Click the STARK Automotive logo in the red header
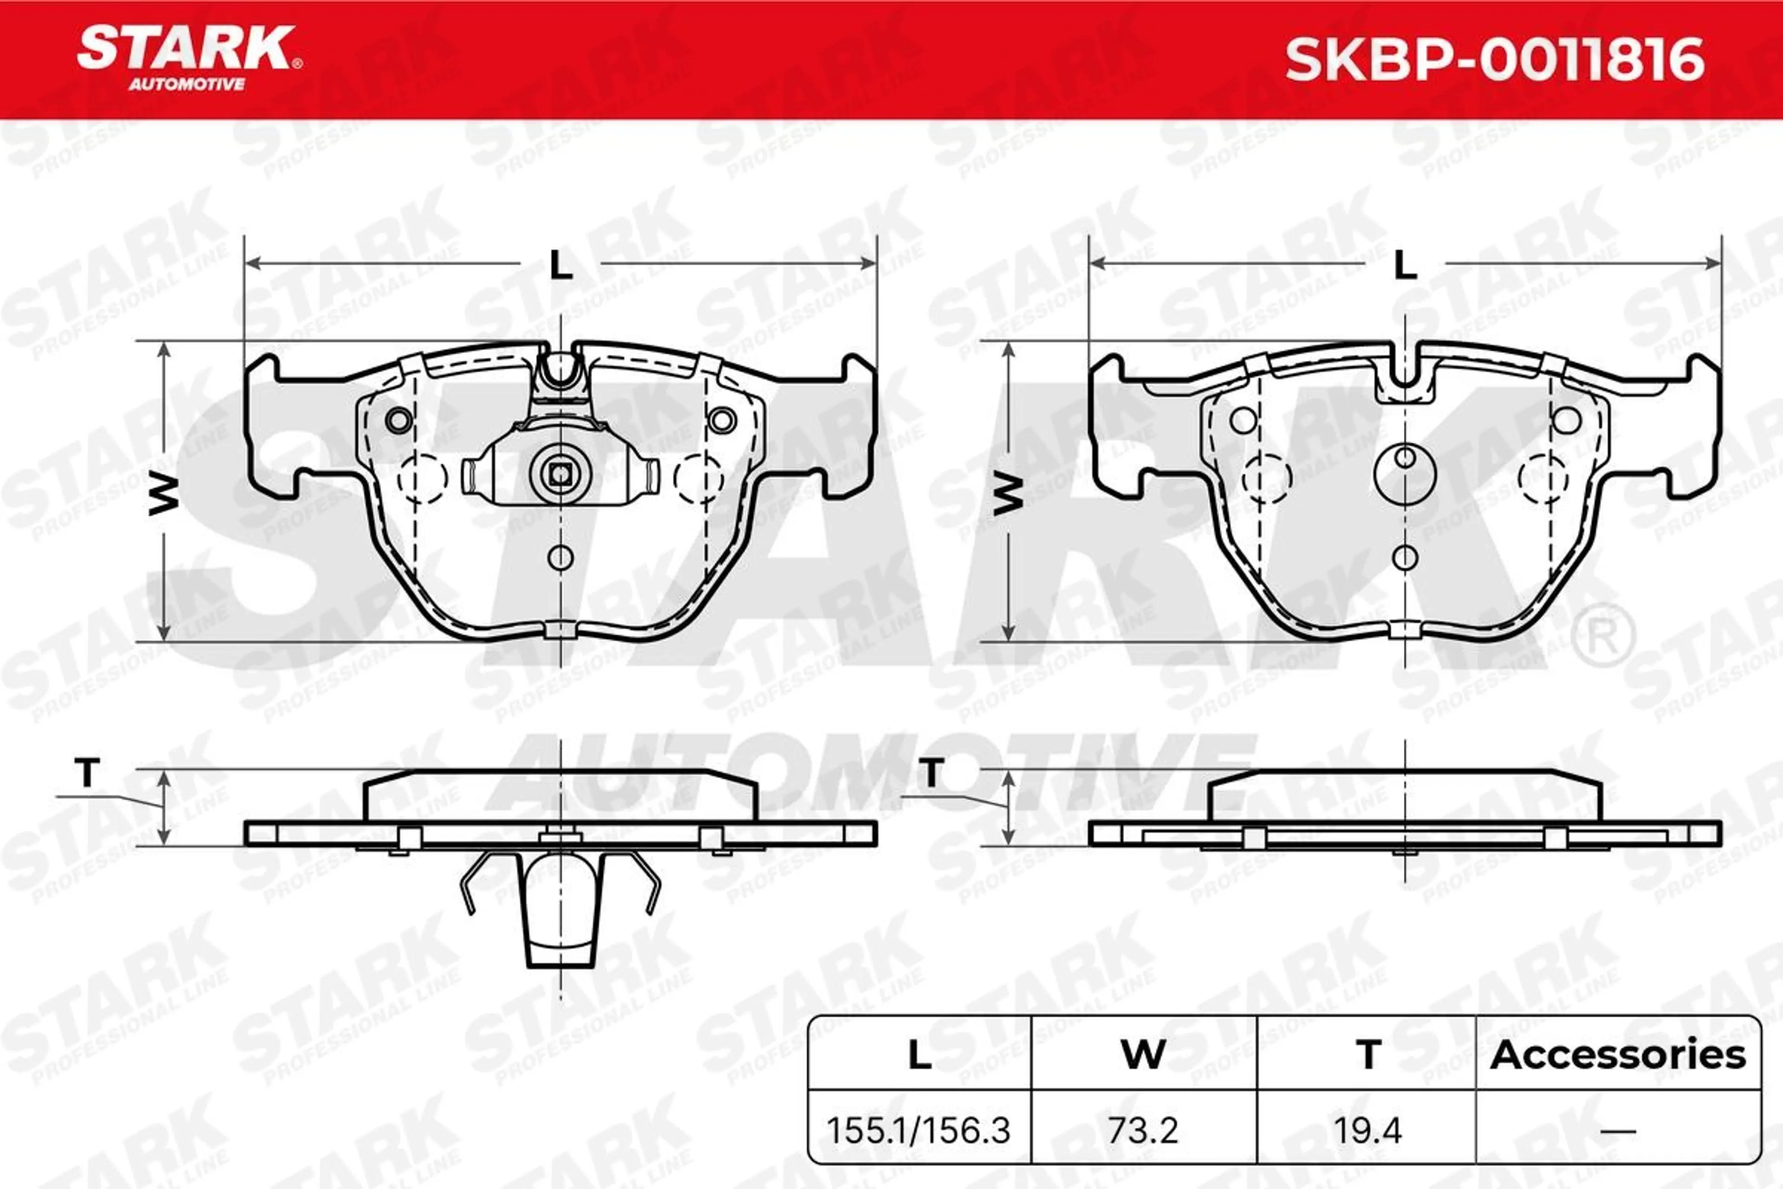point(189,58)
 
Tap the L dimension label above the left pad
point(560,265)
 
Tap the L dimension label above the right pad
point(1406,265)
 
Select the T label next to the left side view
point(87,773)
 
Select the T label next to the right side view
point(932,773)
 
